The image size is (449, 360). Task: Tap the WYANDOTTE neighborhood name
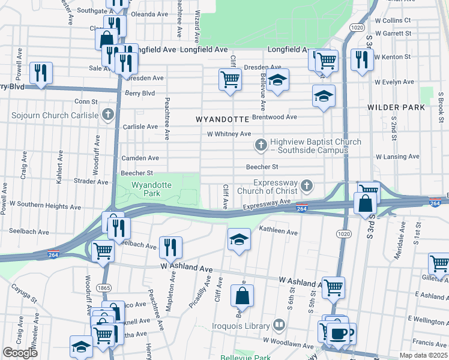coord(222,120)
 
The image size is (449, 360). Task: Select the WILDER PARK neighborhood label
coord(396,108)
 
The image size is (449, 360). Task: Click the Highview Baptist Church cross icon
coord(261,145)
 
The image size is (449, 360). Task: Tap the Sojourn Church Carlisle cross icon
coord(108,114)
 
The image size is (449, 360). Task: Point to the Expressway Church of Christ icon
coord(307,186)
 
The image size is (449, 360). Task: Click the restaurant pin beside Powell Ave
coord(41,73)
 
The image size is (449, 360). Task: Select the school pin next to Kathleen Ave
coord(239,239)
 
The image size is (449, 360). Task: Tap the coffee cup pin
coord(337,334)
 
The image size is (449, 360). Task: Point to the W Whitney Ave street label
coord(229,134)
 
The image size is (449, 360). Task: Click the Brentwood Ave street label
coord(275,117)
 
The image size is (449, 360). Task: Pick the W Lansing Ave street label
coord(397,157)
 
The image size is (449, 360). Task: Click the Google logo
coord(20,353)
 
